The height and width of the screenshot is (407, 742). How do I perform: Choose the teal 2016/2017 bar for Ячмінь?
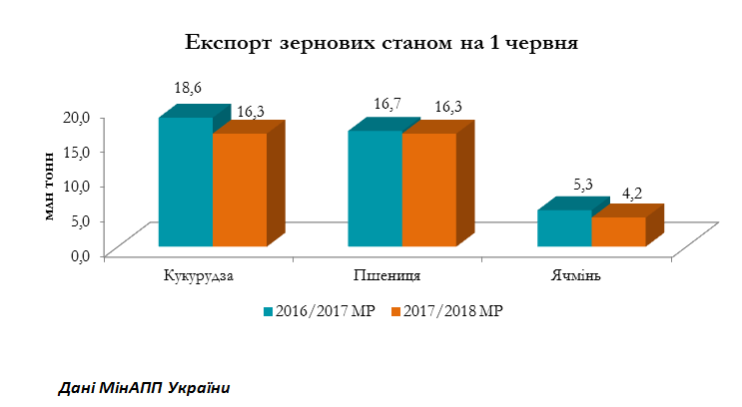[564, 227]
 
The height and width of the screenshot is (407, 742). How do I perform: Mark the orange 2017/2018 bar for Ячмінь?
[618, 231]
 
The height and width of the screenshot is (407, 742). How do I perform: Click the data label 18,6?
[188, 89]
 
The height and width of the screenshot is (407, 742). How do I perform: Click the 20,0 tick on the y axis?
[79, 117]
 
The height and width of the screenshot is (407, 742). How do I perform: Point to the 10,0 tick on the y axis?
[79, 186]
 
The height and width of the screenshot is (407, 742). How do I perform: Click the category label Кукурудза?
[198, 275]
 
